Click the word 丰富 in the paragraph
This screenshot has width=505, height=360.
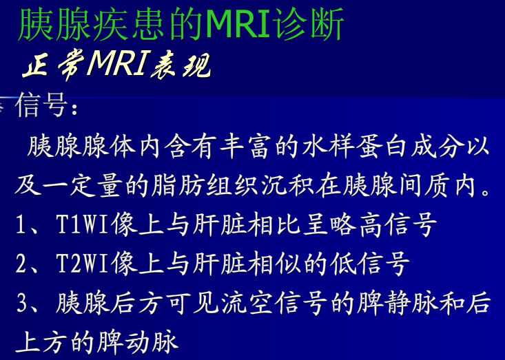coord(248,147)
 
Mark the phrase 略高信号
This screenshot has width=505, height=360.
coord(389,225)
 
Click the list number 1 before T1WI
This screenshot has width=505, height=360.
coord(21,225)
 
